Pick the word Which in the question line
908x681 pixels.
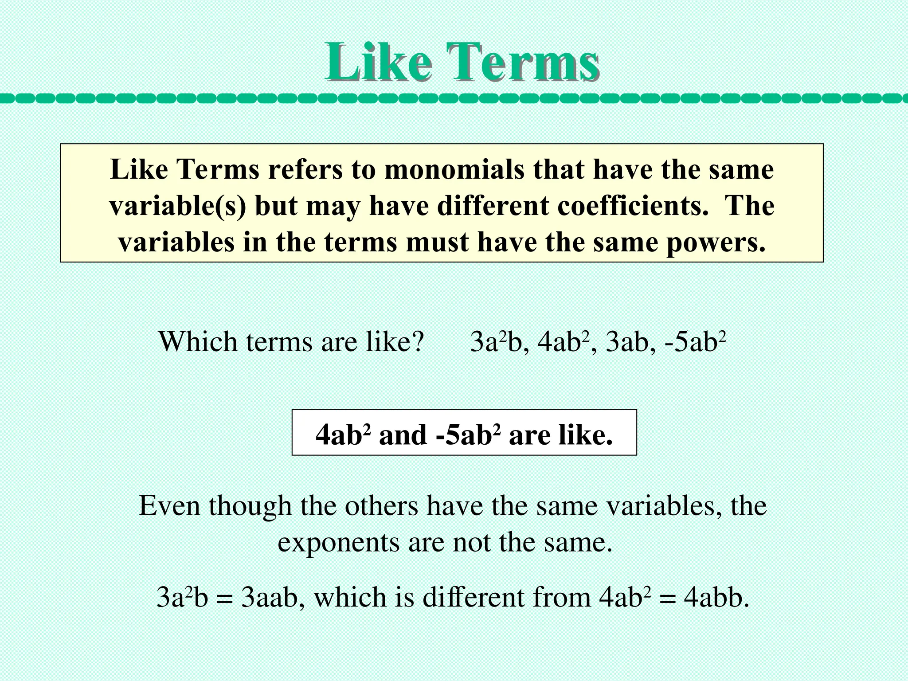coord(198,342)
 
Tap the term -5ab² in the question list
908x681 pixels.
coord(695,342)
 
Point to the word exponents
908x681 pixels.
coord(338,542)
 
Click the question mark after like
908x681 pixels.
coord(417,342)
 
